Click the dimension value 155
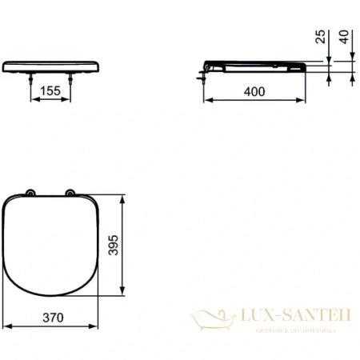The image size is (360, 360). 50,91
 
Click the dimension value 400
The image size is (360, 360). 254,91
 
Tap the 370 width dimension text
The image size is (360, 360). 52,318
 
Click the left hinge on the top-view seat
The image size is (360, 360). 30,192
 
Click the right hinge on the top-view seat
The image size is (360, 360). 70,192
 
